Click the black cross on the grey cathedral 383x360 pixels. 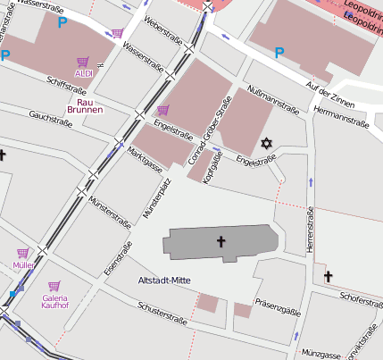pyautogui.click(x=221, y=241)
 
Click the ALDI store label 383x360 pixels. pyautogui.click(x=84, y=74)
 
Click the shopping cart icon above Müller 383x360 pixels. pyautogui.click(x=22, y=253)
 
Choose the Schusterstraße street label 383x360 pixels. pyautogui.click(x=162, y=312)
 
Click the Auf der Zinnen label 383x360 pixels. pyautogui.click(x=331, y=92)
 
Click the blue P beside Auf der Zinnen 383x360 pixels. pyautogui.click(x=279, y=53)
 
